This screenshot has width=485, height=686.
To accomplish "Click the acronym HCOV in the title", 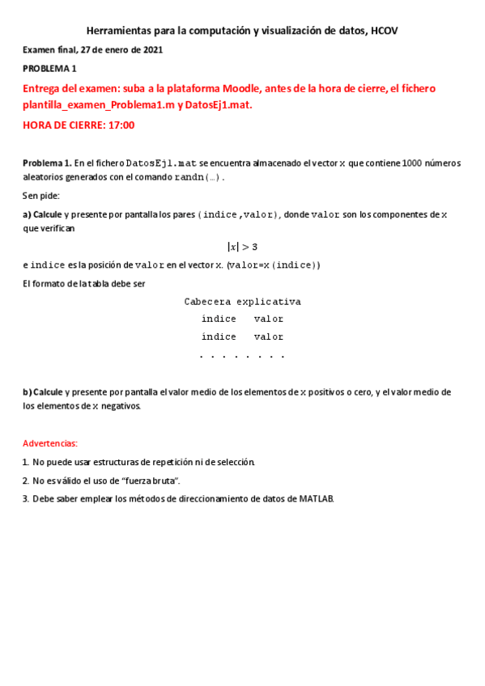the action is (x=384, y=31).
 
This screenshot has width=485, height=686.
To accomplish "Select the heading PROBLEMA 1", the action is (x=49, y=69).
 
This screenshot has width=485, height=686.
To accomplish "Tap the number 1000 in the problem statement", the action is (x=411, y=163).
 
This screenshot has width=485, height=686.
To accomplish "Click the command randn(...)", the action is (x=198, y=177).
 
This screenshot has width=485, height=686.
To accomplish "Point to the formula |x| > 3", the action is (x=242, y=247).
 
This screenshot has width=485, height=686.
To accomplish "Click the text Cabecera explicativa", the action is (x=242, y=302).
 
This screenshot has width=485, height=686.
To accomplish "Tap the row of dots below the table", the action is (x=242, y=356).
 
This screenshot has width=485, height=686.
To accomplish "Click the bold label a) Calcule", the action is (x=42, y=214).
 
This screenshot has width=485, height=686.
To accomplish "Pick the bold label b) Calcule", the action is (x=42, y=392).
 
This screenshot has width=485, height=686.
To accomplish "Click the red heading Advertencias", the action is (x=50, y=444).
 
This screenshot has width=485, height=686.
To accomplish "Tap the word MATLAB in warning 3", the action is (x=316, y=499).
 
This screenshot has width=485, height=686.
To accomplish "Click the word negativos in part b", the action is (x=121, y=406).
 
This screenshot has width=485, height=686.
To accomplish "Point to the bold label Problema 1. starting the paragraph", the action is (x=47, y=163).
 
